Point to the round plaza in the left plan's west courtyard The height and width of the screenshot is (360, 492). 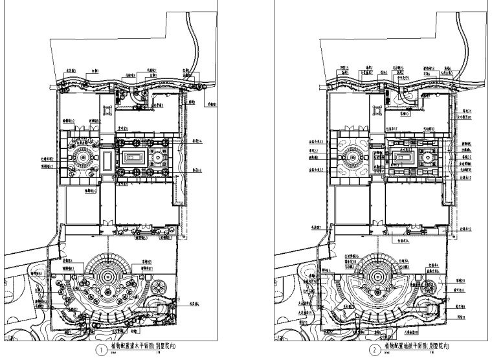coord(82,157)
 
